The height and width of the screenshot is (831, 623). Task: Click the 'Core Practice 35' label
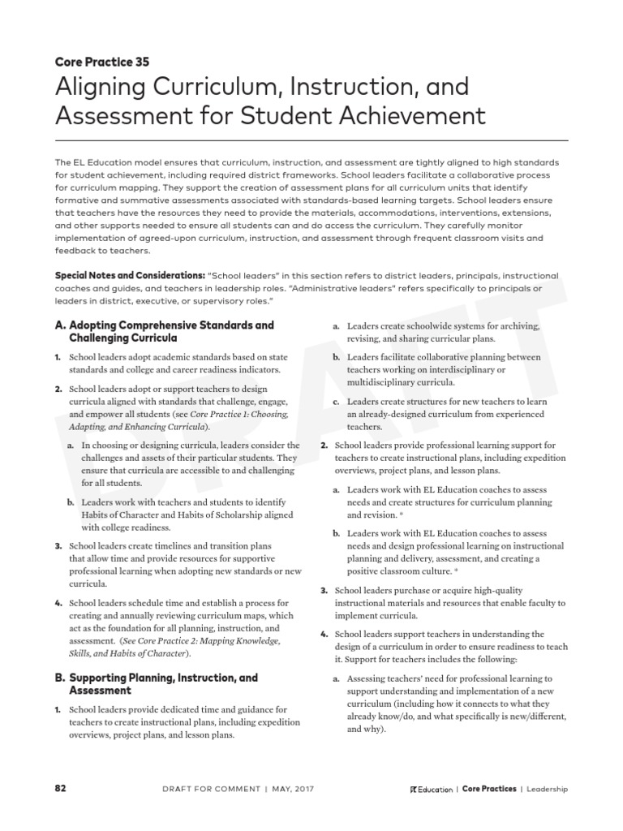(102, 61)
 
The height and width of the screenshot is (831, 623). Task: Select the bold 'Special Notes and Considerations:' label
(129, 276)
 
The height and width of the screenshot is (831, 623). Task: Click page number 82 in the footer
(61, 788)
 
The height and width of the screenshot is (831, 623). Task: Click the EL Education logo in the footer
(431, 789)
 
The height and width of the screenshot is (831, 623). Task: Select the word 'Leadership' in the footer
(547, 789)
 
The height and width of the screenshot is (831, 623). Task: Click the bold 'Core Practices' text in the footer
(488, 789)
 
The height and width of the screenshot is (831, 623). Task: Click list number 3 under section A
(58, 546)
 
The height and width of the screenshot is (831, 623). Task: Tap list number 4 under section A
(58, 604)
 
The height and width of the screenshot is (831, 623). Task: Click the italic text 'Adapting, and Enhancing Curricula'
(138, 426)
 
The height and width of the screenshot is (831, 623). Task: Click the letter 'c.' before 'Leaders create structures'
(337, 402)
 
